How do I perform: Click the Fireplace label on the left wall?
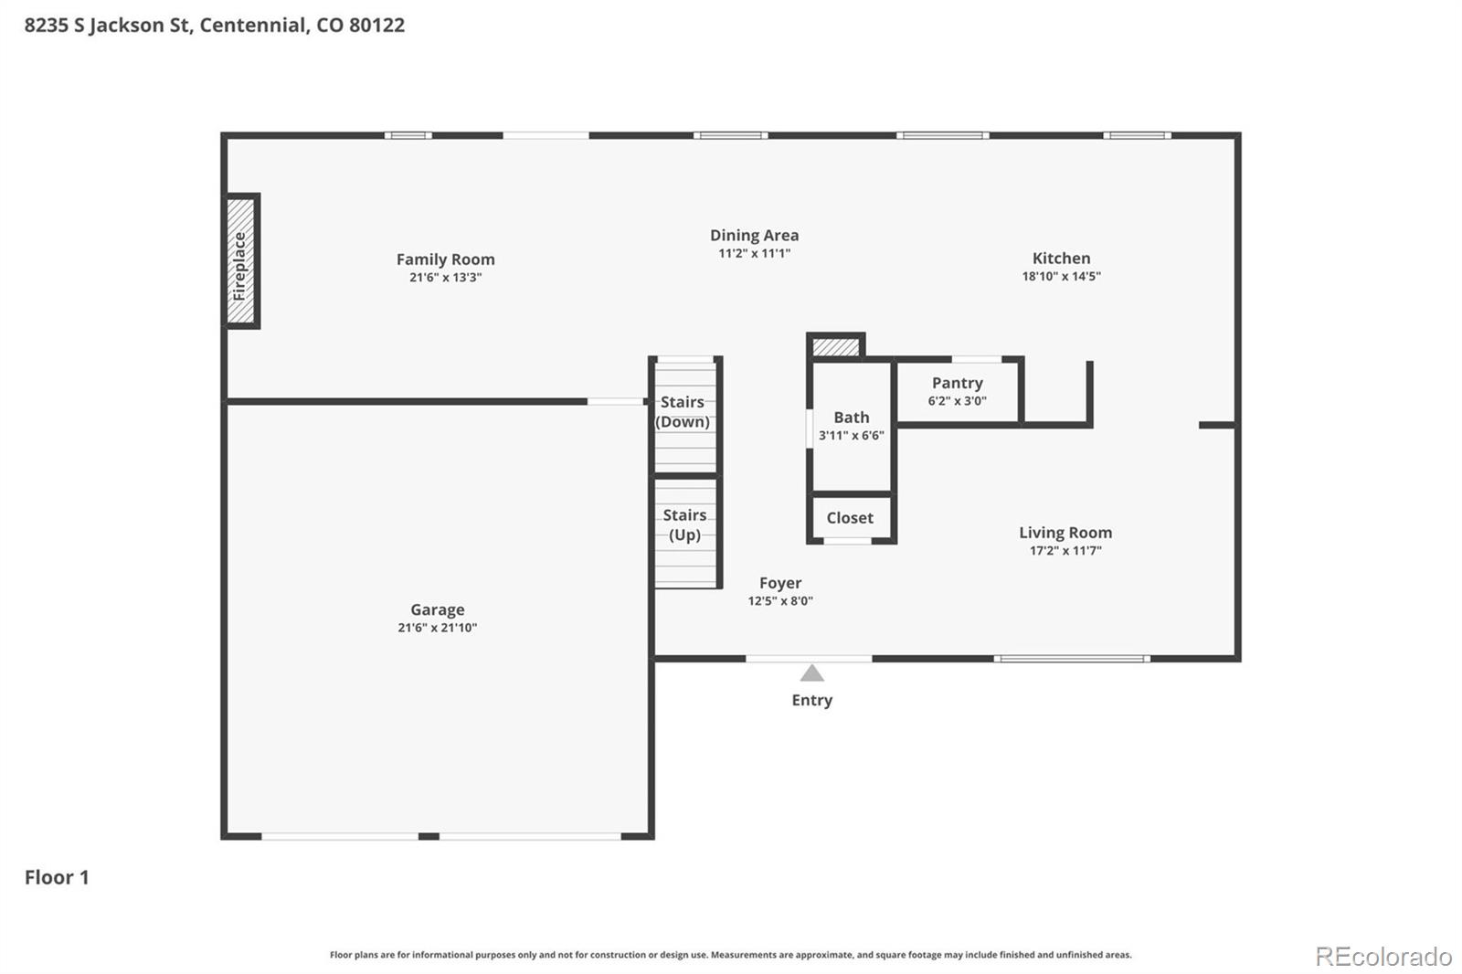coord(240,265)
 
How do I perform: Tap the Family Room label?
coord(445,259)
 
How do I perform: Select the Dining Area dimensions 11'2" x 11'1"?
coord(754,254)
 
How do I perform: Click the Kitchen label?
coord(1061,259)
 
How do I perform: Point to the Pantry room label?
coord(957,383)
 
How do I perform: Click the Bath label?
coord(851,418)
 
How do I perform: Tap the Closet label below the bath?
coord(850,518)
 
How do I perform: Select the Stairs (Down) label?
coord(683,412)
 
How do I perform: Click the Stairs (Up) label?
coord(684,525)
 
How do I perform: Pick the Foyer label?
coord(779,583)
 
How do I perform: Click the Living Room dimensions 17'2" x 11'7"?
coord(1065,551)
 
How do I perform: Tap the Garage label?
coord(437,609)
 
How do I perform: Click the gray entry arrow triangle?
coord(811,674)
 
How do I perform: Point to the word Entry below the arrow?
coord(811,700)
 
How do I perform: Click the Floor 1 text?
coord(57,877)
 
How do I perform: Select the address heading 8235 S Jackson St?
coord(214,25)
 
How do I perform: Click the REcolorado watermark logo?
coord(1383,957)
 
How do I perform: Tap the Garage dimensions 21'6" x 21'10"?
coord(437,628)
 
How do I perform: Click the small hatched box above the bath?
coord(836,347)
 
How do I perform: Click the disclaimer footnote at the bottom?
coord(730,955)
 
